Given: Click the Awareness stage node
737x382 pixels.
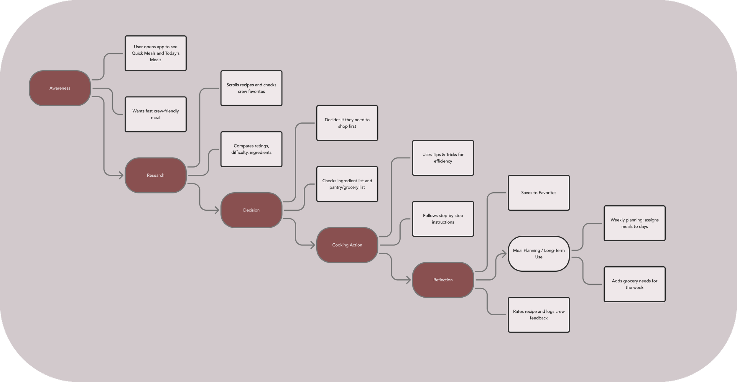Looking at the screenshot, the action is (x=60, y=88).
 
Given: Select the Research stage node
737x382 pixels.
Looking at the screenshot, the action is (x=156, y=176).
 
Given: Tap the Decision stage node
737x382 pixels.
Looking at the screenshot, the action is (x=251, y=210).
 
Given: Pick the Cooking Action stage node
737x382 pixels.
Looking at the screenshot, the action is (x=347, y=245).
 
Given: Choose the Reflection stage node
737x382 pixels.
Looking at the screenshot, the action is (x=443, y=280).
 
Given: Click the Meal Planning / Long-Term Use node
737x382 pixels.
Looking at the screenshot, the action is (x=539, y=254).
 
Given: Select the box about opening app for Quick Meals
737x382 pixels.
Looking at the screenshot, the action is (x=156, y=53).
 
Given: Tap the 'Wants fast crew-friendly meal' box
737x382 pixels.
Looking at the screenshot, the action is (x=156, y=114).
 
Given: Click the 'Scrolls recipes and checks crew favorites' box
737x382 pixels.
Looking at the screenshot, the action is (x=251, y=88).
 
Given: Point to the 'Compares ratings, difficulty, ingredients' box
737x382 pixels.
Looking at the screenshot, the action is (x=251, y=149).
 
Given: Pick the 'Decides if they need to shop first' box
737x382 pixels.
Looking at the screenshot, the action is (x=347, y=123).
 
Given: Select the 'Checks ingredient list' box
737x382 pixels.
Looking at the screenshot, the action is (x=347, y=184).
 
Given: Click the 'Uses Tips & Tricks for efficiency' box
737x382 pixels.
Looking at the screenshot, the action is (x=443, y=158).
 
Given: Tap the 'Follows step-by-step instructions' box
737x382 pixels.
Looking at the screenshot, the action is (x=443, y=219).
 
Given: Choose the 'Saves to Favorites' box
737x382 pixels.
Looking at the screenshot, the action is (x=539, y=193).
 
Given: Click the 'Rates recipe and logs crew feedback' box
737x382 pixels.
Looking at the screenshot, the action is (x=539, y=315).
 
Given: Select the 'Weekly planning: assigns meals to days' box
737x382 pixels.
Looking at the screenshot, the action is (x=634, y=223).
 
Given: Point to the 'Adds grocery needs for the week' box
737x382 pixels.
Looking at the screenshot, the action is (x=634, y=284).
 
